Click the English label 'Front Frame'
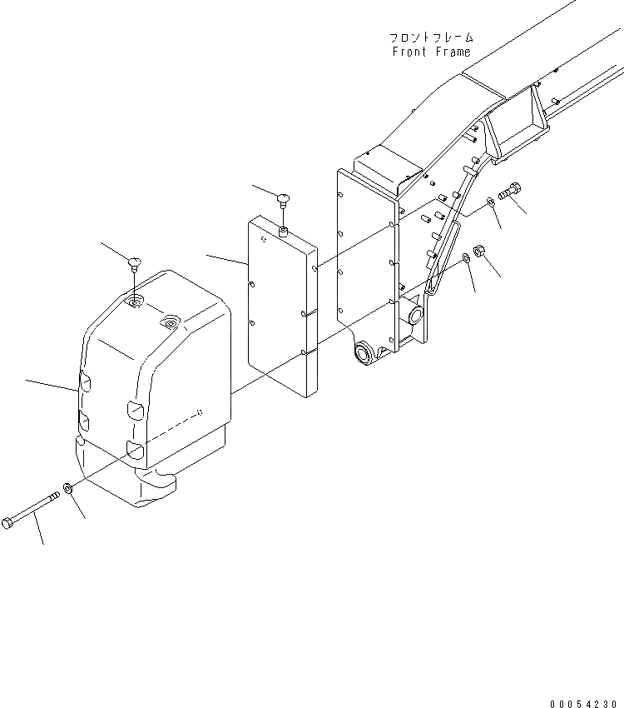pos(431,52)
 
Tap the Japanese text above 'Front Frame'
pos(431,37)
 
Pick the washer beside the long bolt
pos(69,487)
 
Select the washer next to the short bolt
pos(493,202)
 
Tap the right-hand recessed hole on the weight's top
pos(171,320)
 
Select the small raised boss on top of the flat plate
pos(283,231)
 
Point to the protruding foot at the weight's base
pos(157,482)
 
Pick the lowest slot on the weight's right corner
pos(133,451)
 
